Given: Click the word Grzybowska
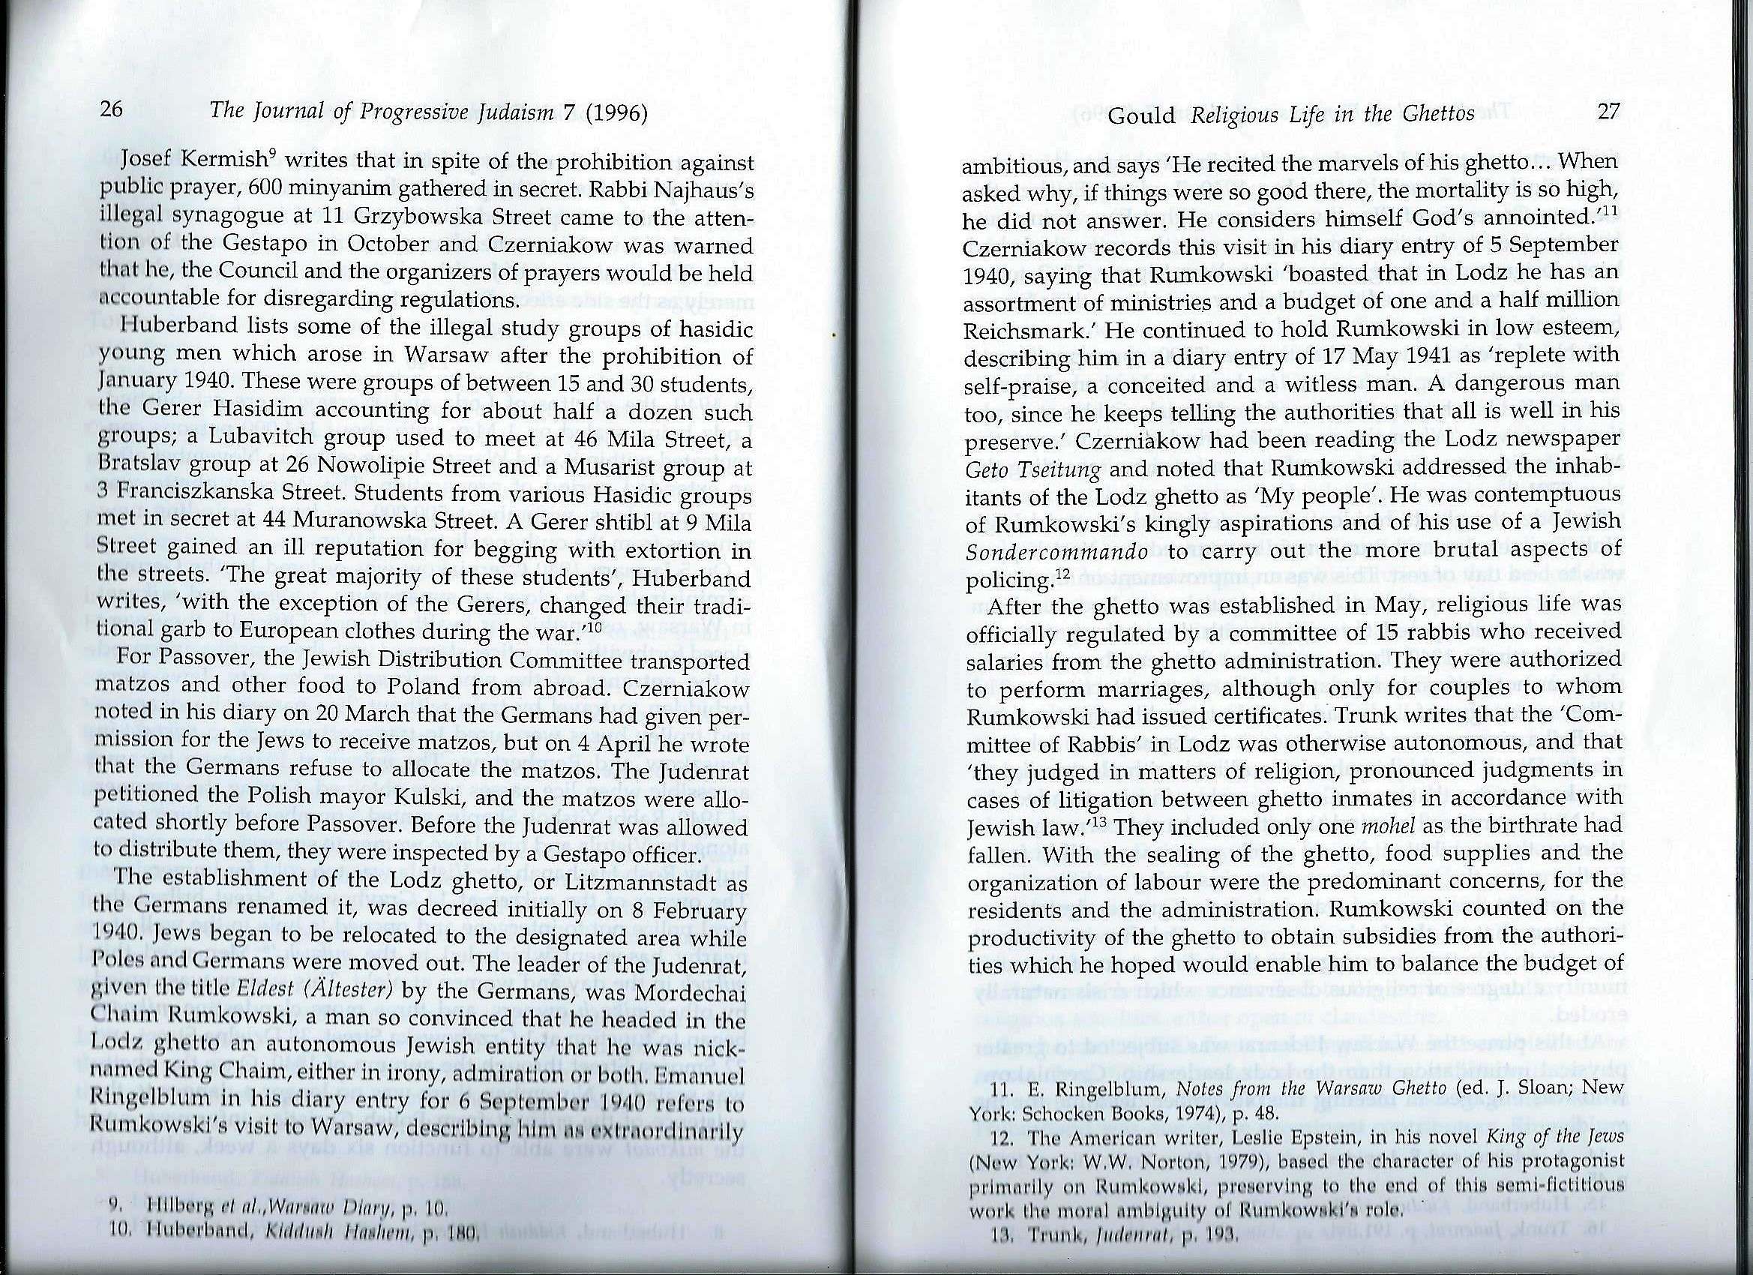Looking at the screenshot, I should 391,219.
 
